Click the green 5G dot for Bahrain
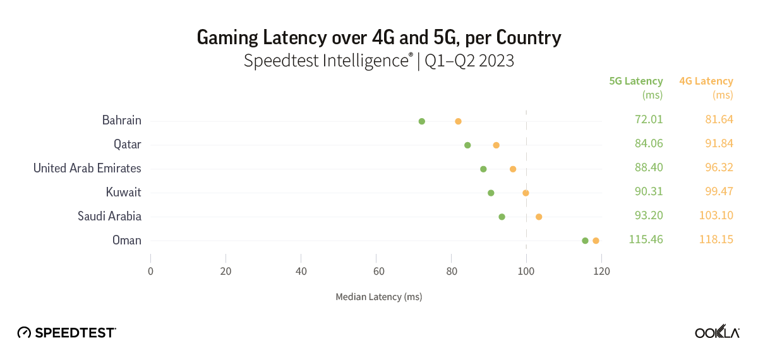coord(422,121)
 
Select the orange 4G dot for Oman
coord(596,241)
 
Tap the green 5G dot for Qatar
coord(467,145)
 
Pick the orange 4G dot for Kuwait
coord(526,193)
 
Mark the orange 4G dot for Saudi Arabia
coord(539,217)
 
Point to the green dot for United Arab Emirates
coord(483,169)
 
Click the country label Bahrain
coord(122,120)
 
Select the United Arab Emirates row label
coord(87,168)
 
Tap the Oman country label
coord(127,240)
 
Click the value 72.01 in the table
coord(649,119)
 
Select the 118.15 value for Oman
coord(716,239)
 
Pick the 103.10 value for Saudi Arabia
coord(716,215)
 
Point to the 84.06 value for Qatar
coord(649,143)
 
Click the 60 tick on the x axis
coord(376,272)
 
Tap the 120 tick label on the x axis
coord(601,272)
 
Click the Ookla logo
coord(717,332)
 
